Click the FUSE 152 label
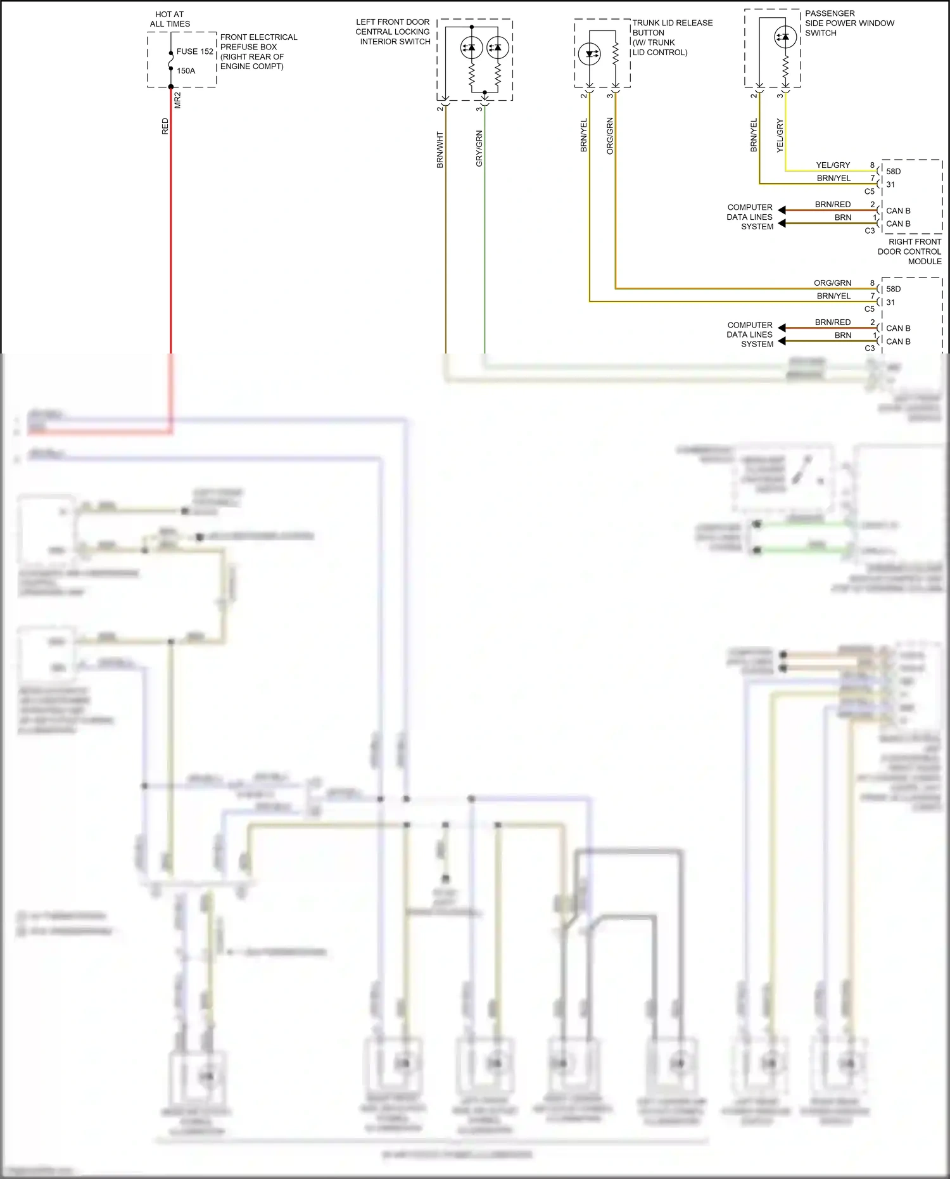194,51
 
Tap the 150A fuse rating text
186,71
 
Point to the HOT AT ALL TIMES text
170,19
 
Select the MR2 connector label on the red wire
178,100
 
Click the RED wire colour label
165,126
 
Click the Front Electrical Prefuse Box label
258,51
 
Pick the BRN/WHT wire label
440,150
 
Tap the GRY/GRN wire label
479,148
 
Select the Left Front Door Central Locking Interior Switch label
393,32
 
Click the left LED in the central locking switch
471,48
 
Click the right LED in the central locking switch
498,48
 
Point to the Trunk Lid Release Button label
672,37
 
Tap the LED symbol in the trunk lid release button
590,54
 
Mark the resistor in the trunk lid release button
615,54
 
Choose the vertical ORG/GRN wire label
610,136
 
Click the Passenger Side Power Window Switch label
849,23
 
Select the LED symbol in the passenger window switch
785,37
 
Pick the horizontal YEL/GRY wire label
833,165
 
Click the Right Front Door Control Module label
909,252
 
